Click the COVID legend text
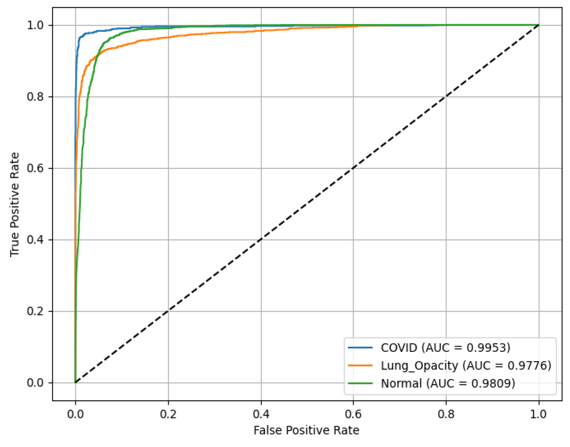point(445,348)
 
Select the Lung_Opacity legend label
point(466,366)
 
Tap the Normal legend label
point(448,383)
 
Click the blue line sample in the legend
point(360,348)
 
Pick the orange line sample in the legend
point(360,365)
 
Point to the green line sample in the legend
point(360,383)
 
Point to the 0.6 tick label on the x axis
point(353,414)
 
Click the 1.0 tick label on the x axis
point(538,414)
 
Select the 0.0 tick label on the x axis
point(75,414)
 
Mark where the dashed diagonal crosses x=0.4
point(261,240)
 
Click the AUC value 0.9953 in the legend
point(488,348)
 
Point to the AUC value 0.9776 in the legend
point(529,366)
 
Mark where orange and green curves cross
point(97,55)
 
